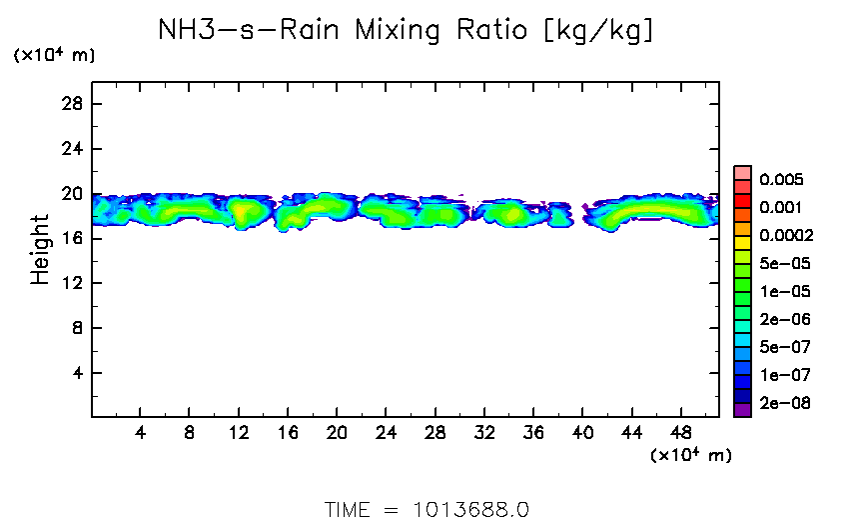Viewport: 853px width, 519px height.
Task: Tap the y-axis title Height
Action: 40,249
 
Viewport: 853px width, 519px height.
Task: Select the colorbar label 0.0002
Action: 786,236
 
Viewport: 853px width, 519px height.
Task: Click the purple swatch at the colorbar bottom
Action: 743,409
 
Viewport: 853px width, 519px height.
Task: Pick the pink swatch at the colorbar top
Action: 743,172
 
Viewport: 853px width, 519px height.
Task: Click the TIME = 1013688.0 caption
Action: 426,508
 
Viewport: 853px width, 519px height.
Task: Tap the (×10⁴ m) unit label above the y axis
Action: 54,56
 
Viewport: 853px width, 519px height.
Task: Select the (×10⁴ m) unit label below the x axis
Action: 690,456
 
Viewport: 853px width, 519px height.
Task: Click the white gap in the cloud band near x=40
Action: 579,213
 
